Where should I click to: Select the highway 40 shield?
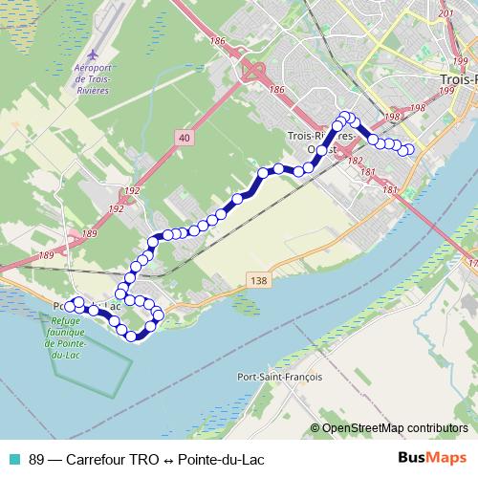pos(184,139)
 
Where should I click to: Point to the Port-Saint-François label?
pos(278,377)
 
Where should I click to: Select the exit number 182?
pos(356,161)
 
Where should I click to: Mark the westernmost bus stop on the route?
pos(69,306)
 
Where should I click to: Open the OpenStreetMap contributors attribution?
pos(395,428)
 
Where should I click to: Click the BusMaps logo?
pos(433,458)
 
